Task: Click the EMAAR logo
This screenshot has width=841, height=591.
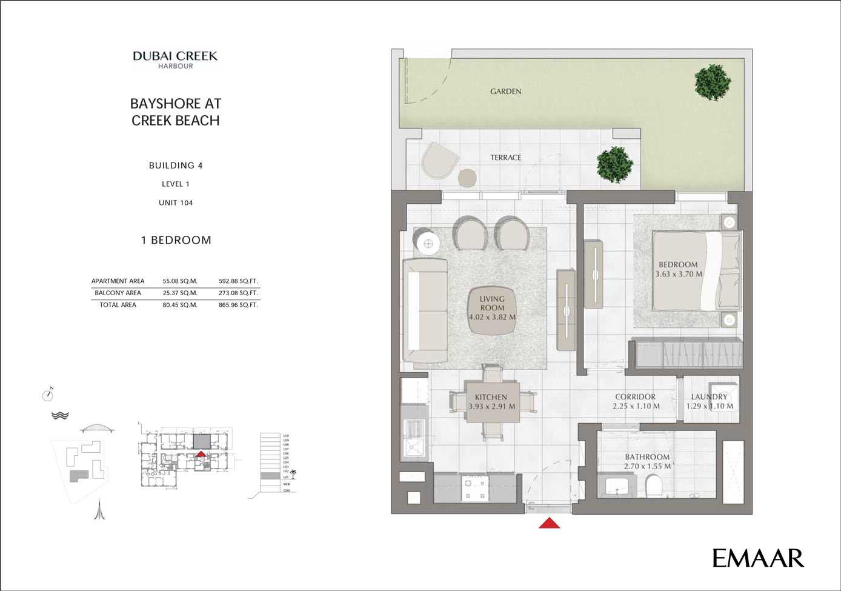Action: [x=758, y=558]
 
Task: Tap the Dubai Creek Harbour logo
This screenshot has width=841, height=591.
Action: [x=175, y=59]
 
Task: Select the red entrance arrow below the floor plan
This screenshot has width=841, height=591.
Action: [x=549, y=523]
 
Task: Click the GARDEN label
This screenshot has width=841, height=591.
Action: [x=506, y=92]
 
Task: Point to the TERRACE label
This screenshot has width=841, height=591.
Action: [x=506, y=158]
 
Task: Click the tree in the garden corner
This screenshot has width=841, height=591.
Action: [x=712, y=82]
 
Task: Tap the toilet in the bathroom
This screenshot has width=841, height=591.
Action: [x=654, y=486]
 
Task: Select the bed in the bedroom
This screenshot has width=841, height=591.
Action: [x=697, y=270]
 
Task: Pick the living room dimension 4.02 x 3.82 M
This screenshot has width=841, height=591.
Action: [x=492, y=317]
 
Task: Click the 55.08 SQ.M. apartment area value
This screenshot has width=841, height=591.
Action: [x=180, y=281]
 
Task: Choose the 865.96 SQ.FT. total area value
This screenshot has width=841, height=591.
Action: [x=238, y=305]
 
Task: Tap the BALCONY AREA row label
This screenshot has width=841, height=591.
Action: [x=118, y=293]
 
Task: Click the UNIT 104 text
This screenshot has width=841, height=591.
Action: [x=176, y=203]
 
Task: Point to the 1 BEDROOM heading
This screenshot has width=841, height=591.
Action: [x=176, y=240]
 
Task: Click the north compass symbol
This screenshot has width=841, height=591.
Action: [x=48, y=395]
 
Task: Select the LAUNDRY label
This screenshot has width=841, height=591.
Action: [x=709, y=397]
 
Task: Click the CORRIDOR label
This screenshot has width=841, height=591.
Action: [x=635, y=397]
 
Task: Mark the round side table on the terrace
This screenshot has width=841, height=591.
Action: [x=468, y=178]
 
